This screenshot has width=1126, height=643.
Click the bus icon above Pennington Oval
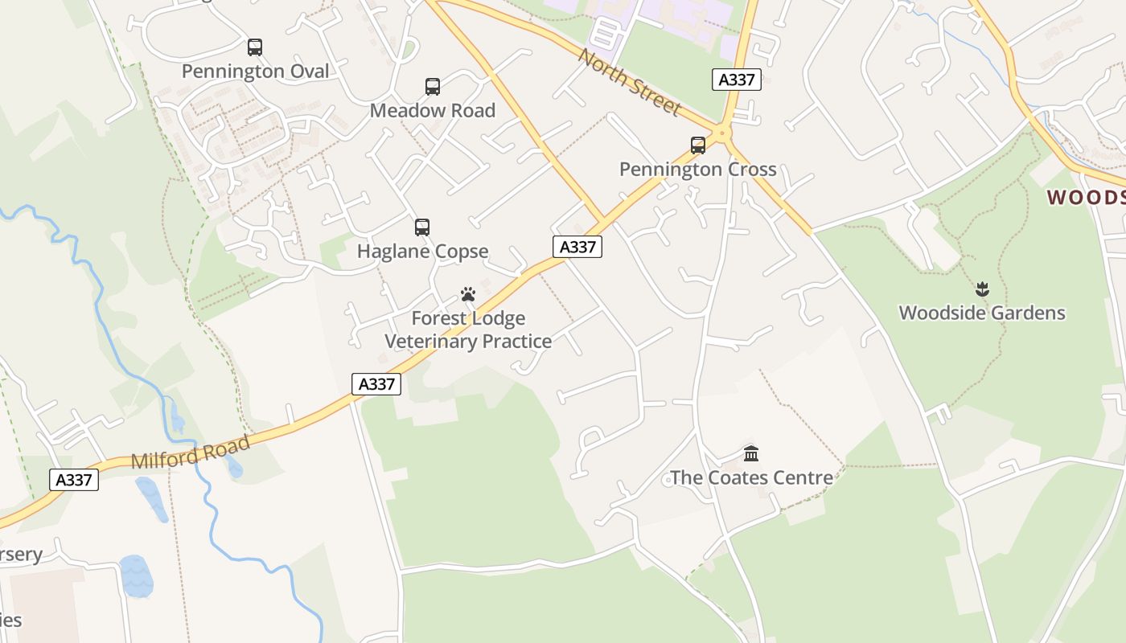click(255, 47)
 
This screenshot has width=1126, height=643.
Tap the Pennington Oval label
click(255, 72)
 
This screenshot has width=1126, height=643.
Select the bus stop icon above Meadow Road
click(433, 87)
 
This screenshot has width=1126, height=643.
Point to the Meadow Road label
click(433, 110)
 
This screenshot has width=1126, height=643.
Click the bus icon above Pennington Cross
click(698, 145)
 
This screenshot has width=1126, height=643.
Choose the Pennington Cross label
click(698, 170)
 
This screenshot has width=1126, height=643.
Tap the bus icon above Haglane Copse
click(422, 227)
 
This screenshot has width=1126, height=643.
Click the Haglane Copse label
click(422, 252)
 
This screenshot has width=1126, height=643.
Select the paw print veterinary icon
click(468, 295)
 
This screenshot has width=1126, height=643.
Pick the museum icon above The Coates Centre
click(751, 454)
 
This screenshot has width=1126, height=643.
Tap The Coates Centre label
click(751, 478)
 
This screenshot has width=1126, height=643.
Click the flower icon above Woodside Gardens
click(981, 289)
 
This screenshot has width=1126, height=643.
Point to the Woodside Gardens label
click(981, 313)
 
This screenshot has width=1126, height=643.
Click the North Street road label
click(629, 83)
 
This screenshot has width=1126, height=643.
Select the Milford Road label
click(191, 453)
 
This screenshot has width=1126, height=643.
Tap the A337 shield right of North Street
click(736, 80)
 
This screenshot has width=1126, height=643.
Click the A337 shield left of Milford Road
click(74, 480)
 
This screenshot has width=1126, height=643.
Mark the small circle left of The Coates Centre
click(667, 480)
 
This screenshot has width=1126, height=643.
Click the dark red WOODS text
click(1086, 198)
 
